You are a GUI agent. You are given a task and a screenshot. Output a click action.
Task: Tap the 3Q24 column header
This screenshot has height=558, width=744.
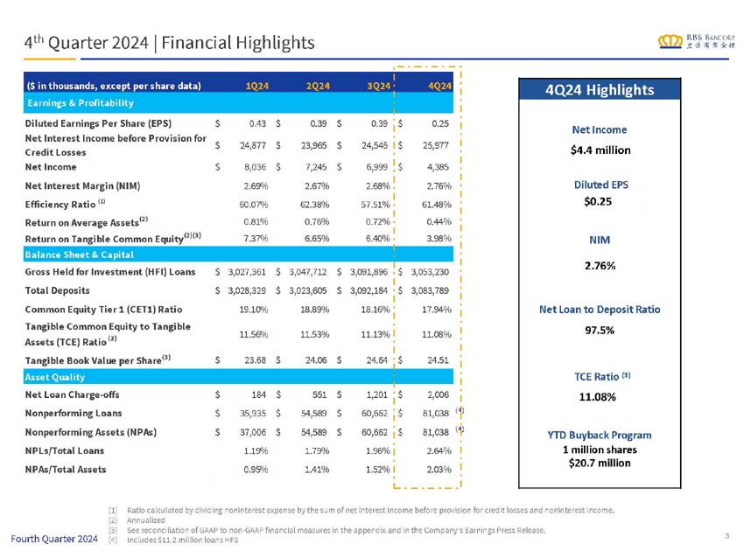click(378, 86)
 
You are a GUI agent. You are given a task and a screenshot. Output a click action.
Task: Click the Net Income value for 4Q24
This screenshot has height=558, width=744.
click(436, 166)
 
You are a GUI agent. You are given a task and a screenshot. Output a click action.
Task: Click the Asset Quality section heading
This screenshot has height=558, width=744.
click(55, 377)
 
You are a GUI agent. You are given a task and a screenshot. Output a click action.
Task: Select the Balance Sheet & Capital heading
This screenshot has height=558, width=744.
click(80, 255)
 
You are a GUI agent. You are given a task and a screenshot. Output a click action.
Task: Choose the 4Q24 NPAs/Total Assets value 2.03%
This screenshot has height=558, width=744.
click(436, 469)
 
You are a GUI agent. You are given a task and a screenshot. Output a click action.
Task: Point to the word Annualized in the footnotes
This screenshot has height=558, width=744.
click(148, 519)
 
